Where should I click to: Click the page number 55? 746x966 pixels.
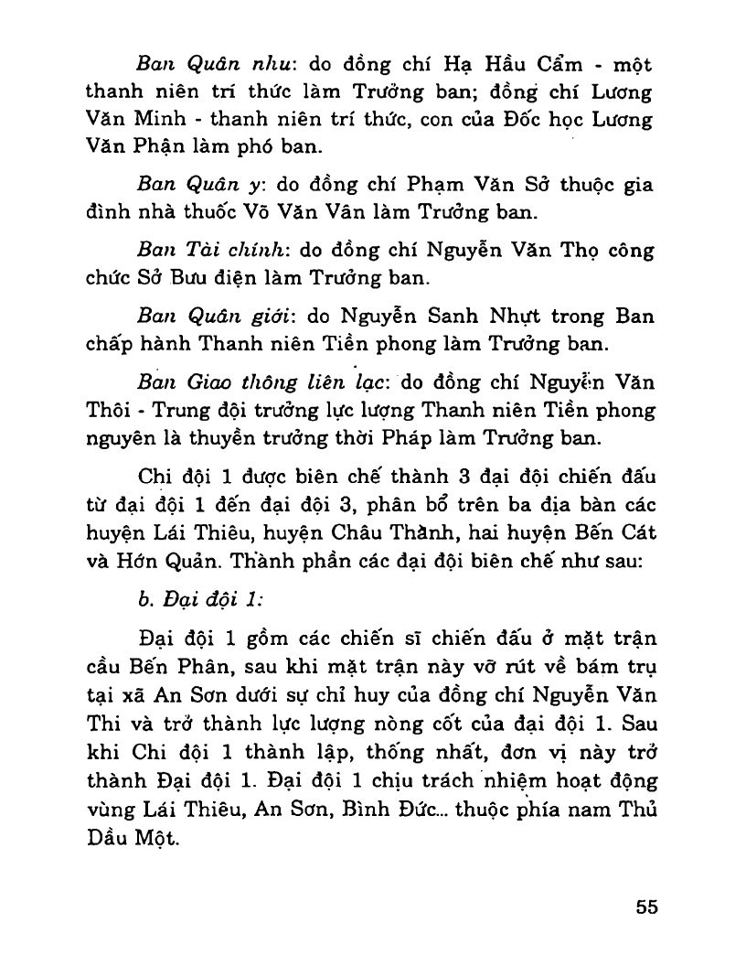coord(646,907)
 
